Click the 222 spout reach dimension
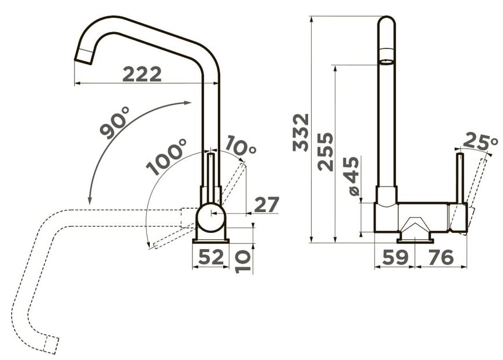click(142, 75)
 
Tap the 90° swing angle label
click(114, 122)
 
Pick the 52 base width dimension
click(211, 257)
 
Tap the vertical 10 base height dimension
click(242, 261)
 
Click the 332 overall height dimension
click(301, 132)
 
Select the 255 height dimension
click(326, 151)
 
